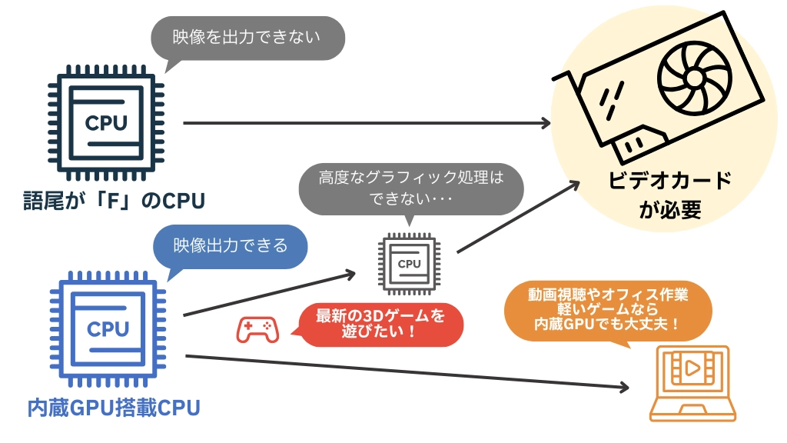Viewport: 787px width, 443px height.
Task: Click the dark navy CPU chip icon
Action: pos(107,123)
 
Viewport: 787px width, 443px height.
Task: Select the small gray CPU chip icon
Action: pos(409,264)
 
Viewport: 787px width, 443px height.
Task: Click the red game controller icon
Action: pos(257,329)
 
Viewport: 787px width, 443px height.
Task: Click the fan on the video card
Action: pos(691,78)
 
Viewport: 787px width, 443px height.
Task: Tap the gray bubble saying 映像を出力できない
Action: pos(246,35)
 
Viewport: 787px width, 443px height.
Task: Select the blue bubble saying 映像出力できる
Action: pos(230,246)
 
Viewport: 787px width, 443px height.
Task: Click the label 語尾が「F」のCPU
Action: pos(114,202)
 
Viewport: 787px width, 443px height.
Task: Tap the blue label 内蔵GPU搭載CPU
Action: pos(114,408)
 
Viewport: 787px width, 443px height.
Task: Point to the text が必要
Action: pos(670,210)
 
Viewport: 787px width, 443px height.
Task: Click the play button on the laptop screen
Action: pos(692,368)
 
